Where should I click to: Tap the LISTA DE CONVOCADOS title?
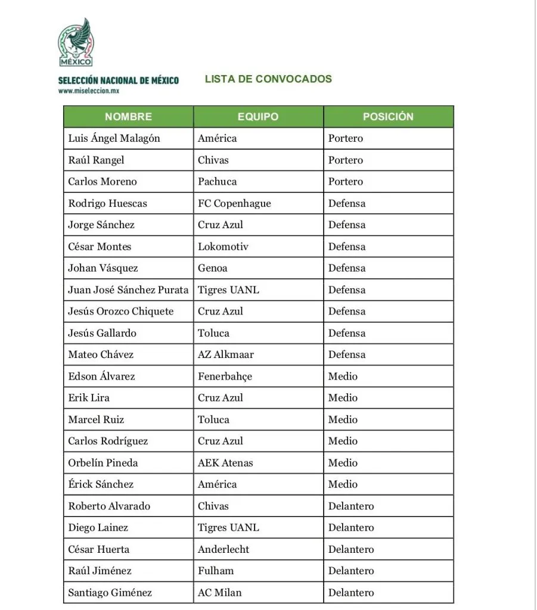tap(268, 79)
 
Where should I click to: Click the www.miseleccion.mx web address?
tap(89, 91)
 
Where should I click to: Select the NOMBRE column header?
tap(128, 117)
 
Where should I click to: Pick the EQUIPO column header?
tap(257, 117)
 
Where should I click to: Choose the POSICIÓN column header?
tap(388, 117)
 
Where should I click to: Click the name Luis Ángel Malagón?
tap(114, 138)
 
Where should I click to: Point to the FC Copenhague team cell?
tap(234, 203)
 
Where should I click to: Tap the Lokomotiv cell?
tap(223, 247)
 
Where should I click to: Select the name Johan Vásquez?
tap(103, 268)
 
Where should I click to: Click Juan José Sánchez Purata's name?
tap(128, 290)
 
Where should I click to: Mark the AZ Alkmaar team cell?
tap(226, 354)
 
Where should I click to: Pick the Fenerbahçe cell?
tap(225, 376)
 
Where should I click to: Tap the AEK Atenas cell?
tap(225, 463)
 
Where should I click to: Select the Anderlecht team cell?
tap(224, 549)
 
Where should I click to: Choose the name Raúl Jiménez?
tap(100, 571)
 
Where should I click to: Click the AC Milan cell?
tap(219, 593)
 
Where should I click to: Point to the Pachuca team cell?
tap(217, 182)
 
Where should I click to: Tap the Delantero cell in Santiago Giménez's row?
tap(351, 593)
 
